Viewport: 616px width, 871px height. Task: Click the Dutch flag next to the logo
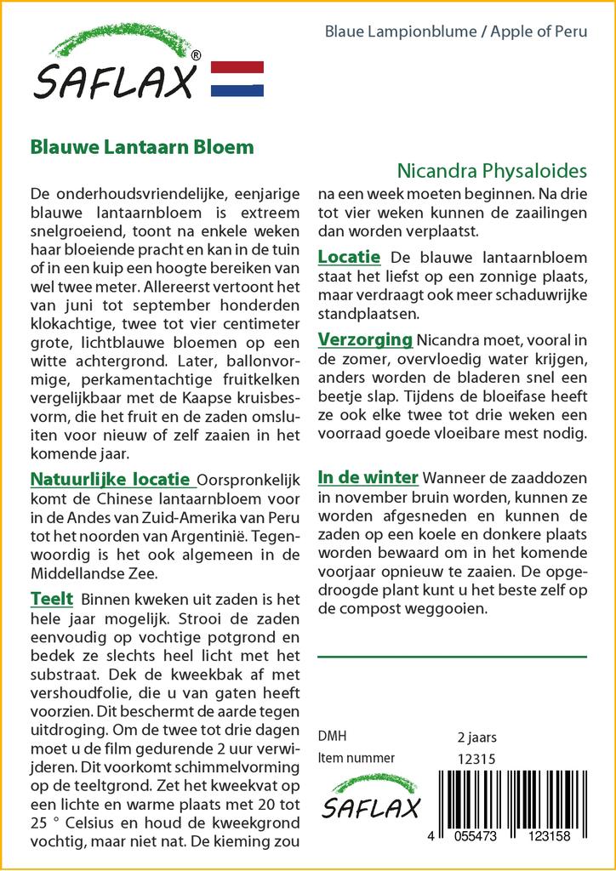pos(237,78)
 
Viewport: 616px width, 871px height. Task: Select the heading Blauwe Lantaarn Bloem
pos(142,146)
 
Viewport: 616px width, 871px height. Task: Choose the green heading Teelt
pos(52,599)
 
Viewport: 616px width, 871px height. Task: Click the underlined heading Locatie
pos(349,256)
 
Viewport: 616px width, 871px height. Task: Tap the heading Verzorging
pos(365,339)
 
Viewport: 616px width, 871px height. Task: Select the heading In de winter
pos(368,476)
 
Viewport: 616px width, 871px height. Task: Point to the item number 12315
pos(476,758)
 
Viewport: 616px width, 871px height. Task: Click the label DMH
pos(332,737)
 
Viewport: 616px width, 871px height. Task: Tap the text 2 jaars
pos(476,737)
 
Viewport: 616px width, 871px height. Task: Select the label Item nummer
pos(356,758)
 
